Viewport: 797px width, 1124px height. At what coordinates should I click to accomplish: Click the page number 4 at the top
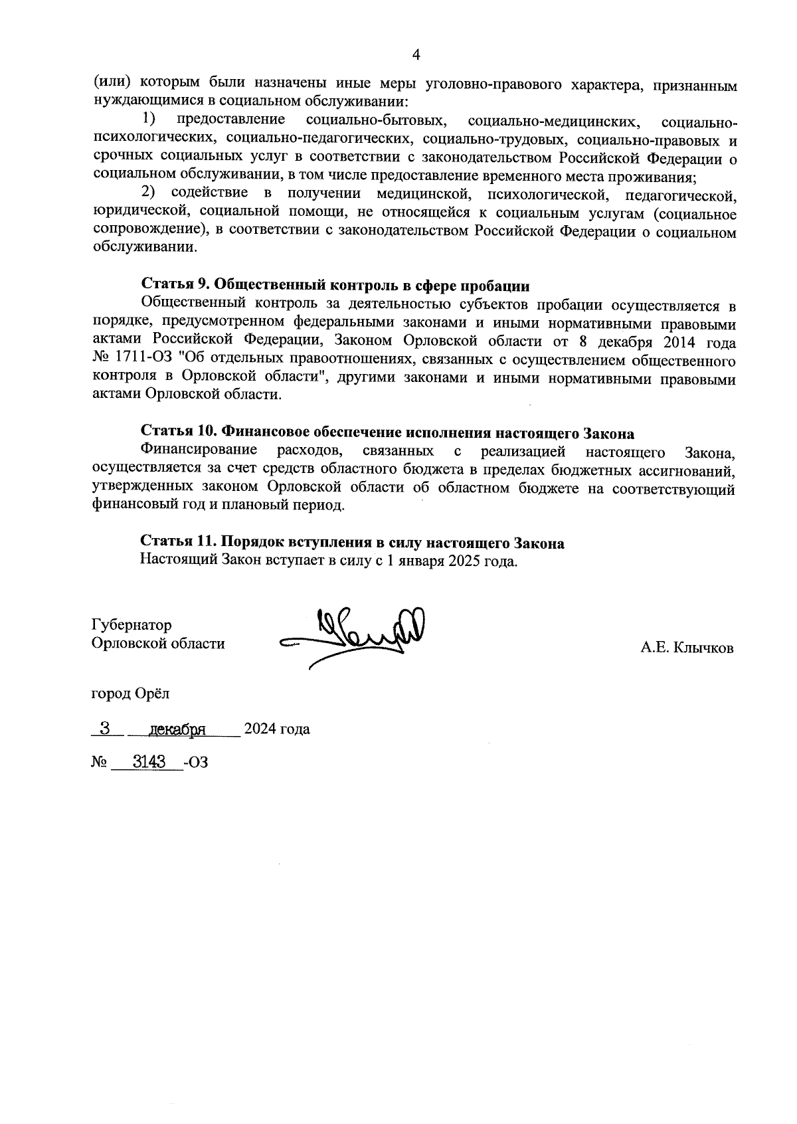(x=416, y=55)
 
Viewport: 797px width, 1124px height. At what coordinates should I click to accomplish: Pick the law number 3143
(x=149, y=762)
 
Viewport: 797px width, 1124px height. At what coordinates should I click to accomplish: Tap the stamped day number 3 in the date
(x=104, y=728)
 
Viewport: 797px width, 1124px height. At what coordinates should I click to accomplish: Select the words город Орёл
(x=130, y=694)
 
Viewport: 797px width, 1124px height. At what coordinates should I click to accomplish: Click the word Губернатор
(x=132, y=625)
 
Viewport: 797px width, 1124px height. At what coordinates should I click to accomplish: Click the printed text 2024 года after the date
(x=277, y=729)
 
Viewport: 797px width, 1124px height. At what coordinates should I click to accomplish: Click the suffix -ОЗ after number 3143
(x=197, y=763)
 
